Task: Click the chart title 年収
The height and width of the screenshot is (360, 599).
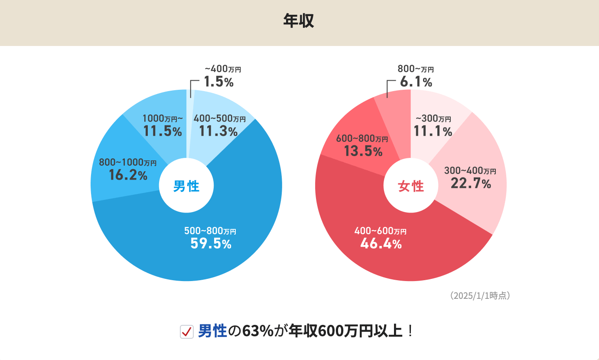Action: pos(299,21)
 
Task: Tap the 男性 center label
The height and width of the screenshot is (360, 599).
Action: pos(186,187)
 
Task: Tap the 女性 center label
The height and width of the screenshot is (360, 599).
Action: pos(411,187)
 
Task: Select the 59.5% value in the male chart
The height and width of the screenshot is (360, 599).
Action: pos(211,244)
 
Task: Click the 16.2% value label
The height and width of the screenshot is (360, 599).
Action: pos(128,175)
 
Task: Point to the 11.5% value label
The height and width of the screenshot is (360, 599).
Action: pos(163,131)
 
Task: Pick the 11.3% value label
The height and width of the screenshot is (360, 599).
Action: pos(218,131)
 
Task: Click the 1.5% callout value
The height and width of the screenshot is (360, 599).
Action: pos(219,82)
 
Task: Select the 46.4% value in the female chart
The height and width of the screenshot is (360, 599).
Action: pos(381,244)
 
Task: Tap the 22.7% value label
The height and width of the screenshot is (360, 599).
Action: pos(471,183)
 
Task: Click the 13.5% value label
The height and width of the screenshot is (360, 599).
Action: pos(363,151)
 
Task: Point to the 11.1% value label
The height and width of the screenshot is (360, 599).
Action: pos(433,131)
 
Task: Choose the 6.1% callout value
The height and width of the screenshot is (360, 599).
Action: pos(416,82)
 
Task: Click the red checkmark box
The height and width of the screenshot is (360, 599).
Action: pos(186,332)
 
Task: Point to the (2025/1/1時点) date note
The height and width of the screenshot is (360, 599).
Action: pos(480,296)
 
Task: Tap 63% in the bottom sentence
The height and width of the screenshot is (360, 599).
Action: pos(258,331)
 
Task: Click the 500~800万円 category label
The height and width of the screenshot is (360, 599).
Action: pos(210,231)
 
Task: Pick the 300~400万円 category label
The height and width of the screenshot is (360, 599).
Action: pos(470,171)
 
